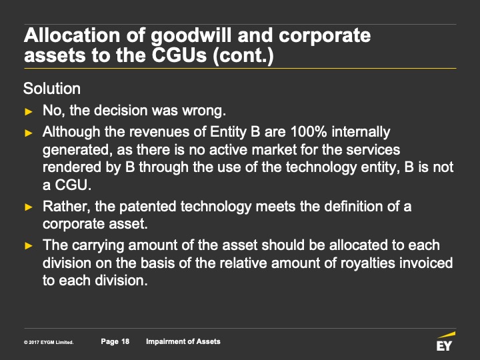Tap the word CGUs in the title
tap(179, 55)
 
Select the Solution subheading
tap(52, 89)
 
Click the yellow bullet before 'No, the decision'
tap(29, 111)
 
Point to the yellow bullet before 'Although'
tap(29, 133)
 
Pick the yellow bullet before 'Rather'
tap(29, 207)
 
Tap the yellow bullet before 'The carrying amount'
tap(29, 245)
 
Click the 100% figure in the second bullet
tap(309, 132)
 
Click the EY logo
tap(445, 341)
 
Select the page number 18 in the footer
tap(125, 341)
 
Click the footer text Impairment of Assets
tap(183, 341)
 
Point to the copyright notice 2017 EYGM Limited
tap(49, 342)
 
